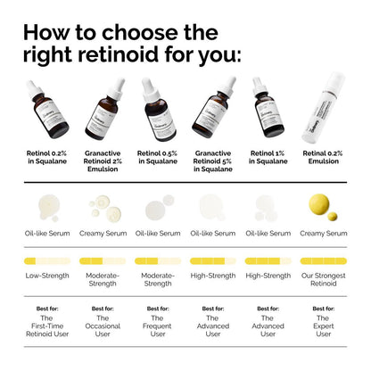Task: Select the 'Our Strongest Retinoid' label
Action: coord(323,280)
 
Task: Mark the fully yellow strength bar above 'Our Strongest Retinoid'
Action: coord(323,261)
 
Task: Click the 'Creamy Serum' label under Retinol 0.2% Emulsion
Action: coord(323,233)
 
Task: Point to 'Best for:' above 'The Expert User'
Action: coord(323,309)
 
